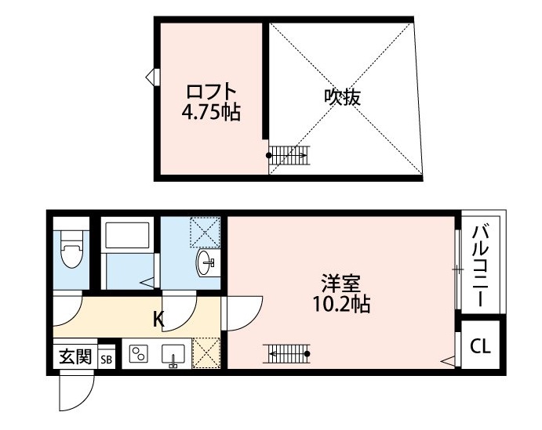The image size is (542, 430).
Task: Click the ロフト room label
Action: click(212, 92)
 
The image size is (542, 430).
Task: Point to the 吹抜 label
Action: click(343, 97)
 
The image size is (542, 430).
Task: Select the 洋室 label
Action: click(341, 284)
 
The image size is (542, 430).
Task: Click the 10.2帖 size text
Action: click(341, 304)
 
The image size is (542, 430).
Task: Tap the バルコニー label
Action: click(481, 266)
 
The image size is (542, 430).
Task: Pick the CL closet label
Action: click(481, 346)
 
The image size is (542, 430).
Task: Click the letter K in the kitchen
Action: click(158, 320)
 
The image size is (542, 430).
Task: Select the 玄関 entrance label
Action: click(75, 356)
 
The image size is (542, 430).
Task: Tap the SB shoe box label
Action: click(106, 360)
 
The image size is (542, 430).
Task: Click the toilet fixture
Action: click(72, 248)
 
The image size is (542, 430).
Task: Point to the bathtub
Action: click(128, 235)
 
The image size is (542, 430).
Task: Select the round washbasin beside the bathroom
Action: click(206, 263)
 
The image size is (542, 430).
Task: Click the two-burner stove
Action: click(139, 354)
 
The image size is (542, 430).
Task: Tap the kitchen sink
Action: click(173, 355)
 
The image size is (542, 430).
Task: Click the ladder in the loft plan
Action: click(289, 155)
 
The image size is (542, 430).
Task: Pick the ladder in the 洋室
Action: click(286, 353)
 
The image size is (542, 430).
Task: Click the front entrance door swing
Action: click(77, 390)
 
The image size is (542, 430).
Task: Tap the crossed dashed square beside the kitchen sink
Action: click(206, 352)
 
